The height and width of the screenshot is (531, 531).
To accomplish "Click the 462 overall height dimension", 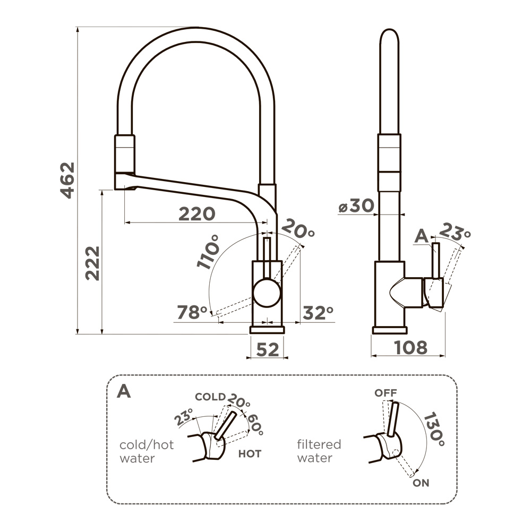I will coord(67,180).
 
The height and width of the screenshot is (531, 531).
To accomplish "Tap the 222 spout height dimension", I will coord(92,263).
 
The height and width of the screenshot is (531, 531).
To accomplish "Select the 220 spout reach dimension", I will coord(196,214).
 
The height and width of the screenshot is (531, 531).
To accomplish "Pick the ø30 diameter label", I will coord(356,207).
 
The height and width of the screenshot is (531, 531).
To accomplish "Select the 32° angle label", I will coord(318,313).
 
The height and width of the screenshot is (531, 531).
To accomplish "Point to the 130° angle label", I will coord(434,429).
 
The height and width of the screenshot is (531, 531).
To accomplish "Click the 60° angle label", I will coord(254,424).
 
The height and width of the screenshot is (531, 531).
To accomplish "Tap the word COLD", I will coord(210,397).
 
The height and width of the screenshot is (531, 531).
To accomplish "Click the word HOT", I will coord(249,454).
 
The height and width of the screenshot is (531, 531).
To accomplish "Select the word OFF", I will coord(386,393).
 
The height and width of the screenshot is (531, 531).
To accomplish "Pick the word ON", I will coord(421,483).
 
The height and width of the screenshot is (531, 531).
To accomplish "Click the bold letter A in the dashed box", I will coord(123,391).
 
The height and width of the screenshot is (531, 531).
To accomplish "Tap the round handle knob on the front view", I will coord(267,294).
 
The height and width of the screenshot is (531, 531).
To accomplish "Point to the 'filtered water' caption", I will coord(319,451).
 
